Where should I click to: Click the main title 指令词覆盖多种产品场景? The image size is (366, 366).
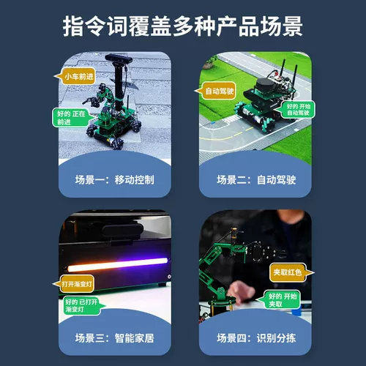click(x=183, y=27)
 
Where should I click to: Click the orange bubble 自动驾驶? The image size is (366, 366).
click(x=217, y=91)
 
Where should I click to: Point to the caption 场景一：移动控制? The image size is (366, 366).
click(x=114, y=179)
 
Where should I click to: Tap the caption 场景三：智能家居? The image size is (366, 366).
click(x=114, y=339)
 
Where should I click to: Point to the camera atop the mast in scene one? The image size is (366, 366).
click(x=117, y=58)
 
